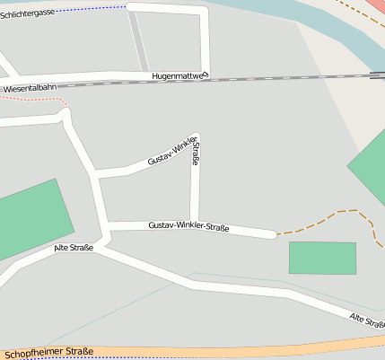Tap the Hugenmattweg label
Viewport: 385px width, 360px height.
pyautogui.click(x=179, y=76)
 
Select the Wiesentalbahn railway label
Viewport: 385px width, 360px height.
pyautogui.click(x=28, y=88)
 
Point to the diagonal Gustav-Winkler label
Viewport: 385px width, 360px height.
pyautogui.click(x=171, y=153)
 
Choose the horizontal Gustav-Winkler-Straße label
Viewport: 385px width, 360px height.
pyautogui.click(x=188, y=226)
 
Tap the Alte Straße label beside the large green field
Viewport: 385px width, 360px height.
pyautogui.click(x=73, y=248)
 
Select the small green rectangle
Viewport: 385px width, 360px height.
pyautogui.click(x=322, y=258)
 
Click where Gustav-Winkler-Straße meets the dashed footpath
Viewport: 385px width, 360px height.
pyautogui.click(x=276, y=234)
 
